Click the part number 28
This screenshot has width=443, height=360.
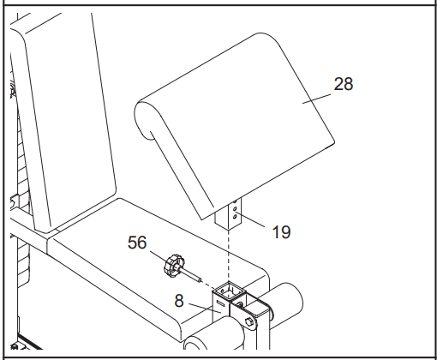[x=344, y=84]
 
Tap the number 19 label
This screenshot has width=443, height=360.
[x=282, y=231]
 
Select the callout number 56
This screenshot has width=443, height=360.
[x=137, y=243]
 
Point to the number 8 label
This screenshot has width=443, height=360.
[x=179, y=301]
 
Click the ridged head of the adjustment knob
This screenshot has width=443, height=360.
[x=174, y=266]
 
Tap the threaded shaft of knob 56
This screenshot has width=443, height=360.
[x=191, y=274]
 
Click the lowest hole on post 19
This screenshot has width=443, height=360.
[x=235, y=217]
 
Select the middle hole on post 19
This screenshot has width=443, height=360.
[x=235, y=209]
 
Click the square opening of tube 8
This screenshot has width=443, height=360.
[x=230, y=291]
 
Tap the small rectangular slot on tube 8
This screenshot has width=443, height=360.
[x=220, y=303]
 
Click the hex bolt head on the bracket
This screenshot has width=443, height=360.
[x=249, y=321]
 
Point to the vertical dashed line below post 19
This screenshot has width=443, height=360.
[x=228, y=255]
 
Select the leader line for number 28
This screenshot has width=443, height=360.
[x=316, y=99]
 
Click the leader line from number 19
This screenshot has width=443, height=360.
[x=250, y=219]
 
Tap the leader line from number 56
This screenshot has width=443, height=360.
[x=158, y=256]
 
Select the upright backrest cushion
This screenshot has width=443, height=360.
[x=69, y=123]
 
